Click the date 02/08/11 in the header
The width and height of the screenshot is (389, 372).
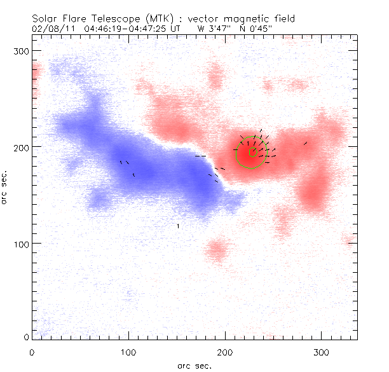[x=50, y=29]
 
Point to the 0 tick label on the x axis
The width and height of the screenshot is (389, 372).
[x=32, y=352]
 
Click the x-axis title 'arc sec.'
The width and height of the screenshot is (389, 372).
[x=194, y=365]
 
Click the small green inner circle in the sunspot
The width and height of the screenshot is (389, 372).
[x=252, y=153]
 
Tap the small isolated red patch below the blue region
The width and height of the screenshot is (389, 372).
[x=217, y=251]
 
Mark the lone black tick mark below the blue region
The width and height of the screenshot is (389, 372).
[x=178, y=226]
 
